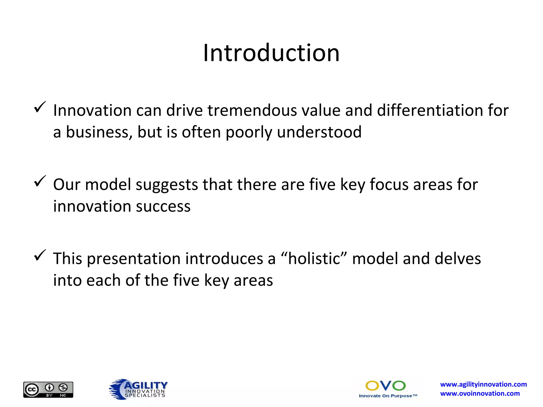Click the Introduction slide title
point(271,53)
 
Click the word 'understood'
point(319,132)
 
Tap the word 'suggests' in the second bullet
point(167,185)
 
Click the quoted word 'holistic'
point(314,259)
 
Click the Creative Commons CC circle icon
point(32,390)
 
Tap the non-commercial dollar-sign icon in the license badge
point(63,388)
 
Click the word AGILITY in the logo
point(146,385)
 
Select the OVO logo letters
point(386,386)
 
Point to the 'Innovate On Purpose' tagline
point(388,396)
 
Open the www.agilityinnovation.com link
point(483,384)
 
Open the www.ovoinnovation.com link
point(480,394)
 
